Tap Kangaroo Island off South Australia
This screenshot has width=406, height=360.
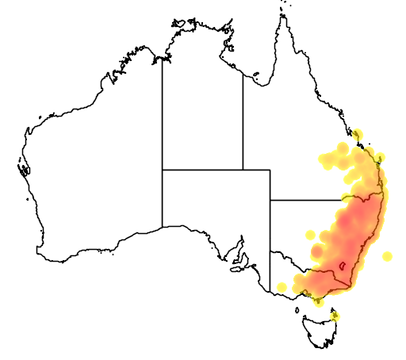click(x=236, y=270)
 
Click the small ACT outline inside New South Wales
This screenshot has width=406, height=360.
click(x=342, y=266)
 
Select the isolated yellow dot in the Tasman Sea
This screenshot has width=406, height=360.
click(x=387, y=256)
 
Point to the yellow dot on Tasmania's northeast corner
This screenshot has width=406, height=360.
click(x=335, y=316)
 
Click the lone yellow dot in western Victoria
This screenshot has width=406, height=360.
click(x=282, y=286)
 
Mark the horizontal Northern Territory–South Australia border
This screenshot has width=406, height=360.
click(x=202, y=169)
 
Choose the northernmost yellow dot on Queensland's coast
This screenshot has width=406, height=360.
click(x=358, y=134)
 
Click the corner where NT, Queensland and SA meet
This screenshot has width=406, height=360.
click(x=243, y=169)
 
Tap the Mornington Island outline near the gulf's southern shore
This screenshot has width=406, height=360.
click(x=256, y=77)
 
